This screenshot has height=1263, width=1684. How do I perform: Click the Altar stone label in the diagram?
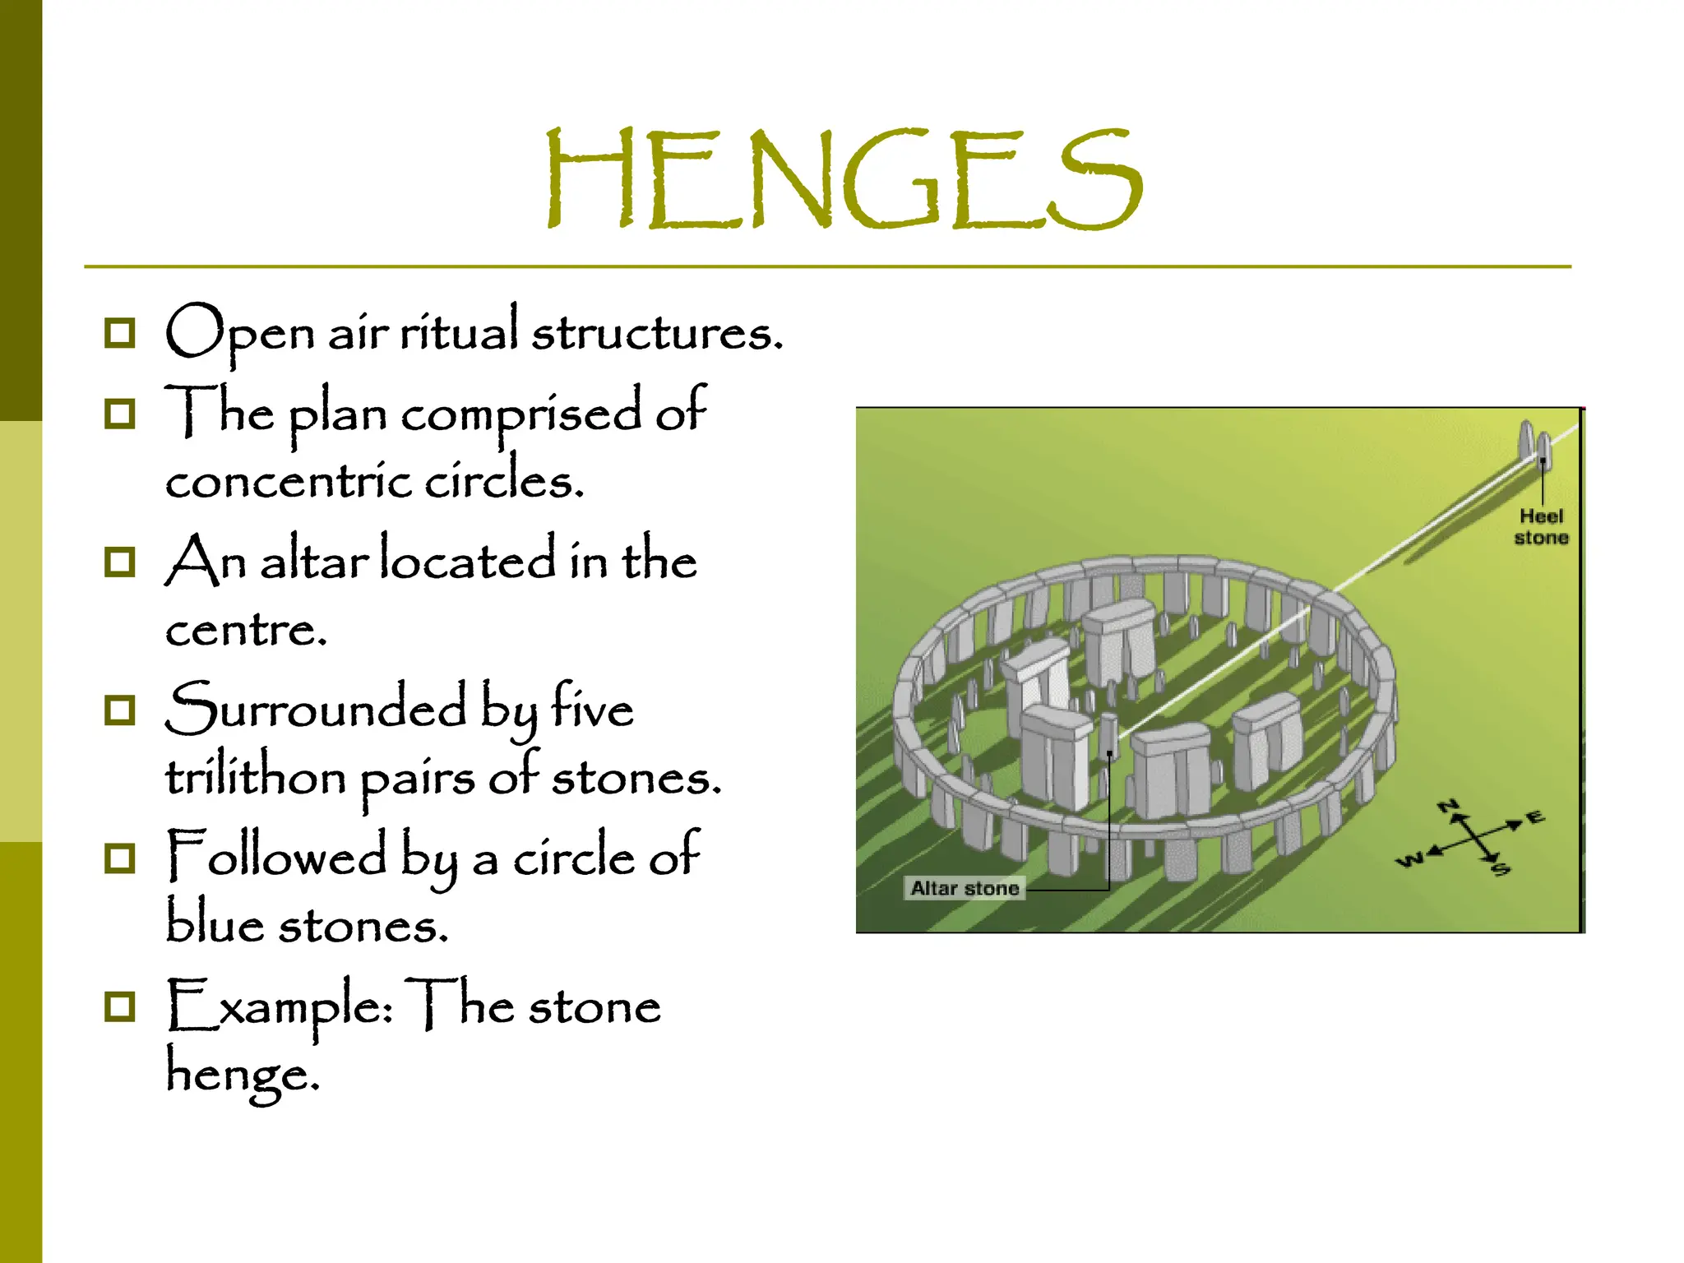pos(965,888)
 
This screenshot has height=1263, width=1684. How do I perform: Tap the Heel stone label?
pos(1541,526)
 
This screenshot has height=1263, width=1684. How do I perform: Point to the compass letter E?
pos(1535,817)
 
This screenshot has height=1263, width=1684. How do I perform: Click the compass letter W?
pos(1409,861)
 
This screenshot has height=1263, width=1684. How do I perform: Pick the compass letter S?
pos(1501,868)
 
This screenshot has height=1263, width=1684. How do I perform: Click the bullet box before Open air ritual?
pos(120,333)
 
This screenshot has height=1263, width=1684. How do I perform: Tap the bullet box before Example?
pos(120,1006)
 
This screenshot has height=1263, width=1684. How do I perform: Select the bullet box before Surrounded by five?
pos(120,710)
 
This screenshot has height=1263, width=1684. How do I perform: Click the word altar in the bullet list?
pos(314,561)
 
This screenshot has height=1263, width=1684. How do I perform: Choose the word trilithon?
pos(256,776)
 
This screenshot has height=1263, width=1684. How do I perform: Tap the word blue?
pos(215,923)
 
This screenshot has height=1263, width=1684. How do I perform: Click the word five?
pos(592,707)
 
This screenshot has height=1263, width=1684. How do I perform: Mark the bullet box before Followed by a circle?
pos(120,858)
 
